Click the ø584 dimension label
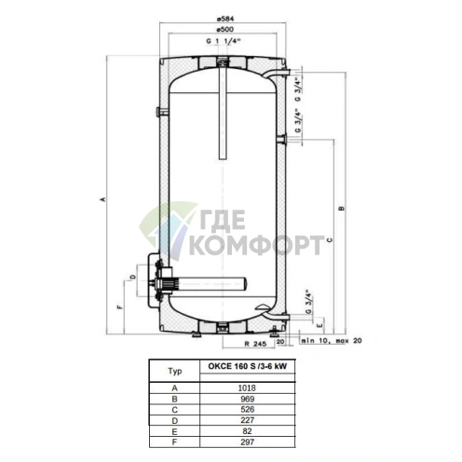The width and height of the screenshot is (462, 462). tap(225, 19)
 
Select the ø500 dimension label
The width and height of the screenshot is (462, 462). tap(225, 30)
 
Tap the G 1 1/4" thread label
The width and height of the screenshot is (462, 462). tap(224, 41)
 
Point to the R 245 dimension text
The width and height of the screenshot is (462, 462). tap(255, 344)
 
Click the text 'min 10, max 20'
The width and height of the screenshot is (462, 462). tap(331, 341)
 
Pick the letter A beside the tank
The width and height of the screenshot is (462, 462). tap(103, 199)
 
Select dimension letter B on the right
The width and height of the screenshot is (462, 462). tap(342, 209)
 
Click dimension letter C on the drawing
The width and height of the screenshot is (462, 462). tap(330, 240)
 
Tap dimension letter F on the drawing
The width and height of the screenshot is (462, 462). tap(119, 307)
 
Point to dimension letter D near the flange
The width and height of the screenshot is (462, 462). tap(132, 277)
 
